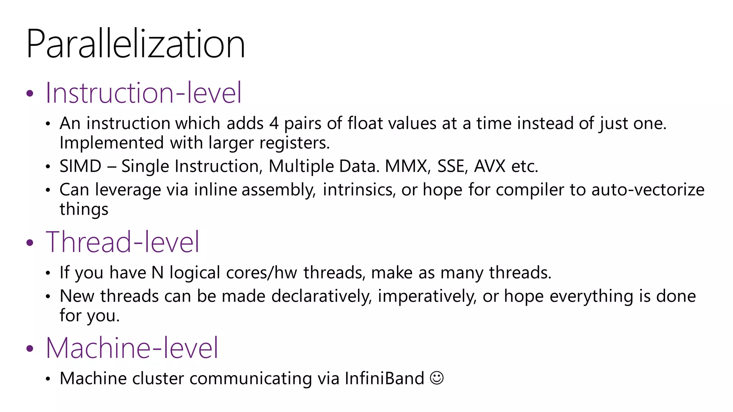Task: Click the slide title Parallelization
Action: point(135,44)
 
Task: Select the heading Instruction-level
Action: point(144,93)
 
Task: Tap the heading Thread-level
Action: point(122,242)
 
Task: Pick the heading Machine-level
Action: point(132,348)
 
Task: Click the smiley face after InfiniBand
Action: point(437,378)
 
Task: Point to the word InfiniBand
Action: point(384,378)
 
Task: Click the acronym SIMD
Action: point(81,166)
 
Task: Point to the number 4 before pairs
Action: point(274,123)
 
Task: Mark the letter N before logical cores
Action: point(157,273)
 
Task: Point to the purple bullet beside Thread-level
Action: point(30,243)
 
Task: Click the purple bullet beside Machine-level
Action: point(30,348)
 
